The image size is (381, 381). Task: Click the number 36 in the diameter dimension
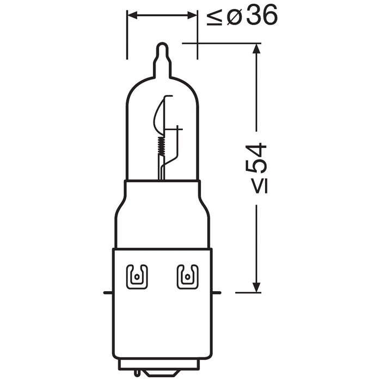[261, 17]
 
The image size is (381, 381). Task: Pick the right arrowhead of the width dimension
[193, 16]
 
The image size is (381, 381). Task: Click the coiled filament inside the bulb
[160, 144]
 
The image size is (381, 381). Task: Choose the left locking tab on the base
[136, 276]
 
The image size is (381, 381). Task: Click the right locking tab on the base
[187, 276]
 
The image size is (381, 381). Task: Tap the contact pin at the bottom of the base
[162, 375]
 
